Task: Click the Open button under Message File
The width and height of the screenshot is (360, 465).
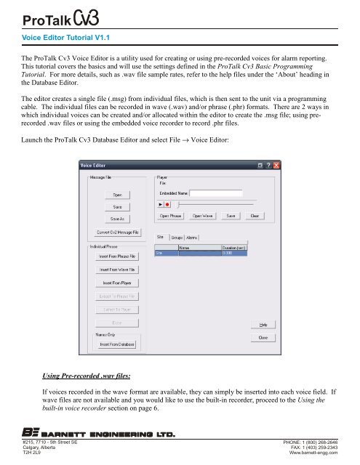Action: [117, 194]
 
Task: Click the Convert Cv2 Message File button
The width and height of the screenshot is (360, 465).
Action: [117, 232]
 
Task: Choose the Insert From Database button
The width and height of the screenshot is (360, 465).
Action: [117, 364]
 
